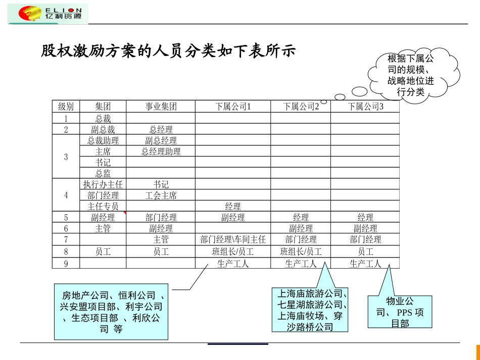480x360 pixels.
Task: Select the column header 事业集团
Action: click(161, 107)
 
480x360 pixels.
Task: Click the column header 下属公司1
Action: click(233, 107)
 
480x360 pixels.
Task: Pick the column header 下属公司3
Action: click(365, 107)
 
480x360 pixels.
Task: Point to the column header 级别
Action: click(66, 107)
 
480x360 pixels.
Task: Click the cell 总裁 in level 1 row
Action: click(103, 119)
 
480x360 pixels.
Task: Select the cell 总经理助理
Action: click(161, 151)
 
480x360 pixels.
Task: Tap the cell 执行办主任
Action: click(103, 185)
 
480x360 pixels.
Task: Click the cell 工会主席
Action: click(161, 195)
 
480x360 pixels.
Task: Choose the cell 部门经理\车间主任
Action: click(233, 239)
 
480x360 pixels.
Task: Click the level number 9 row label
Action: click(66, 263)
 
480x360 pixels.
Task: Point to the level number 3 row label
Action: click(66, 157)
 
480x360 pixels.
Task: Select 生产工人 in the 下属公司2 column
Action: click(301, 263)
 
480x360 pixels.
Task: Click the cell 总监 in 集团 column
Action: click(103, 173)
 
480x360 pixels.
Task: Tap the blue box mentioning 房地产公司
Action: click(111, 312)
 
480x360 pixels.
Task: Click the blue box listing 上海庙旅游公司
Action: click(310, 310)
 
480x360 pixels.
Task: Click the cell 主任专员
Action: click(103, 207)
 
